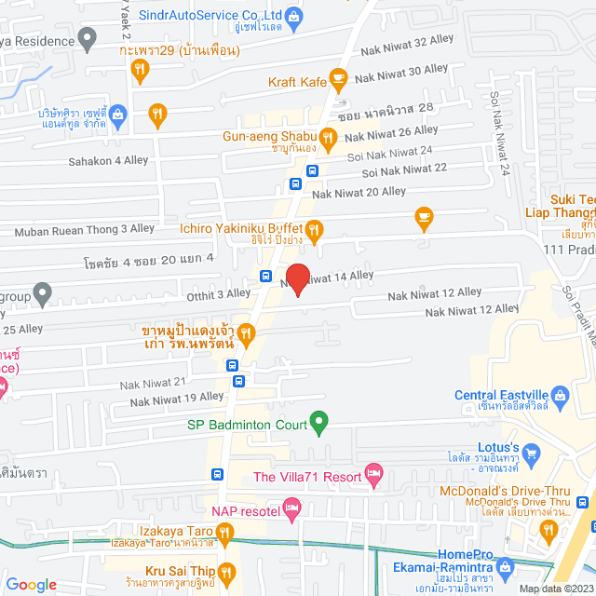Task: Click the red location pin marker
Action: click(x=297, y=278)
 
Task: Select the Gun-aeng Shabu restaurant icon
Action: click(x=327, y=136)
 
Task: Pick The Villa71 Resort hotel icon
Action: click(x=373, y=477)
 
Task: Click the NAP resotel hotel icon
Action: click(x=291, y=508)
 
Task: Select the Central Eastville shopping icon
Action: click(x=560, y=393)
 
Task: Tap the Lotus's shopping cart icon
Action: click(x=532, y=454)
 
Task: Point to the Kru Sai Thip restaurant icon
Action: click(x=228, y=571)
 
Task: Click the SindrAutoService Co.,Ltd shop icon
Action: click(x=293, y=16)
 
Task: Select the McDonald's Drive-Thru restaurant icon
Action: click(x=547, y=530)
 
